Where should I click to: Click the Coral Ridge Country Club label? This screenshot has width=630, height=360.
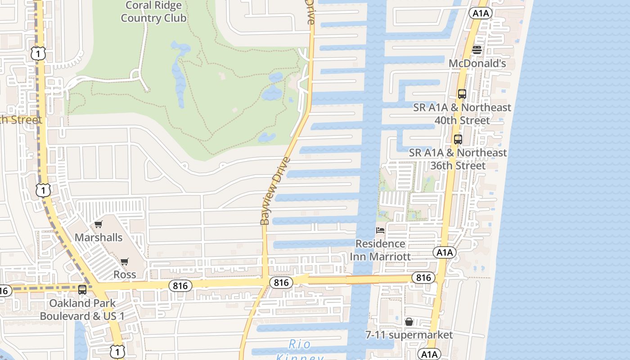click(153, 12)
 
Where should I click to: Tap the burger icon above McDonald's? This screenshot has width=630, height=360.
click(477, 50)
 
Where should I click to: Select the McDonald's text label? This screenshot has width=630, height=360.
click(477, 63)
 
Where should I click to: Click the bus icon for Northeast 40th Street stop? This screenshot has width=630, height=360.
click(462, 94)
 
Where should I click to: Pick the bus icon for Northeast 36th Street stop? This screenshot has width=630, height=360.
click(458, 139)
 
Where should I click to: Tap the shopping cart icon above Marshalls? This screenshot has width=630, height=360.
click(98, 224)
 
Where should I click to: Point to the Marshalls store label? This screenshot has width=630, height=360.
click(99, 237)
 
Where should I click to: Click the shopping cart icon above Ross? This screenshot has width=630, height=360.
click(125, 261)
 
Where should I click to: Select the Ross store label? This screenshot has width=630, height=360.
click(125, 274)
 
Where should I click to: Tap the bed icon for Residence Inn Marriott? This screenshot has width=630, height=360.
click(380, 230)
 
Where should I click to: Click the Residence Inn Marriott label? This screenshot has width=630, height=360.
click(380, 250)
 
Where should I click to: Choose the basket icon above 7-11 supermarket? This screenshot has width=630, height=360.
click(409, 322)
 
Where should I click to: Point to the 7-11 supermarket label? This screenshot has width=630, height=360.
click(409, 335)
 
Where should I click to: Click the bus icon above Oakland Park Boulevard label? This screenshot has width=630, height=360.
click(82, 290)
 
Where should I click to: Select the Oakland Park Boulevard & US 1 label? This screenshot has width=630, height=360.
click(82, 310)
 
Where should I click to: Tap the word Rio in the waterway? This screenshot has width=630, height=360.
click(300, 345)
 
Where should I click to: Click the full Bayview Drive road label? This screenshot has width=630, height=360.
click(274, 191)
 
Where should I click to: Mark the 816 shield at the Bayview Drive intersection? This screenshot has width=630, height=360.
click(281, 283)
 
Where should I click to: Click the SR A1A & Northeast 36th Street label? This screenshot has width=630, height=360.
click(458, 159)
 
